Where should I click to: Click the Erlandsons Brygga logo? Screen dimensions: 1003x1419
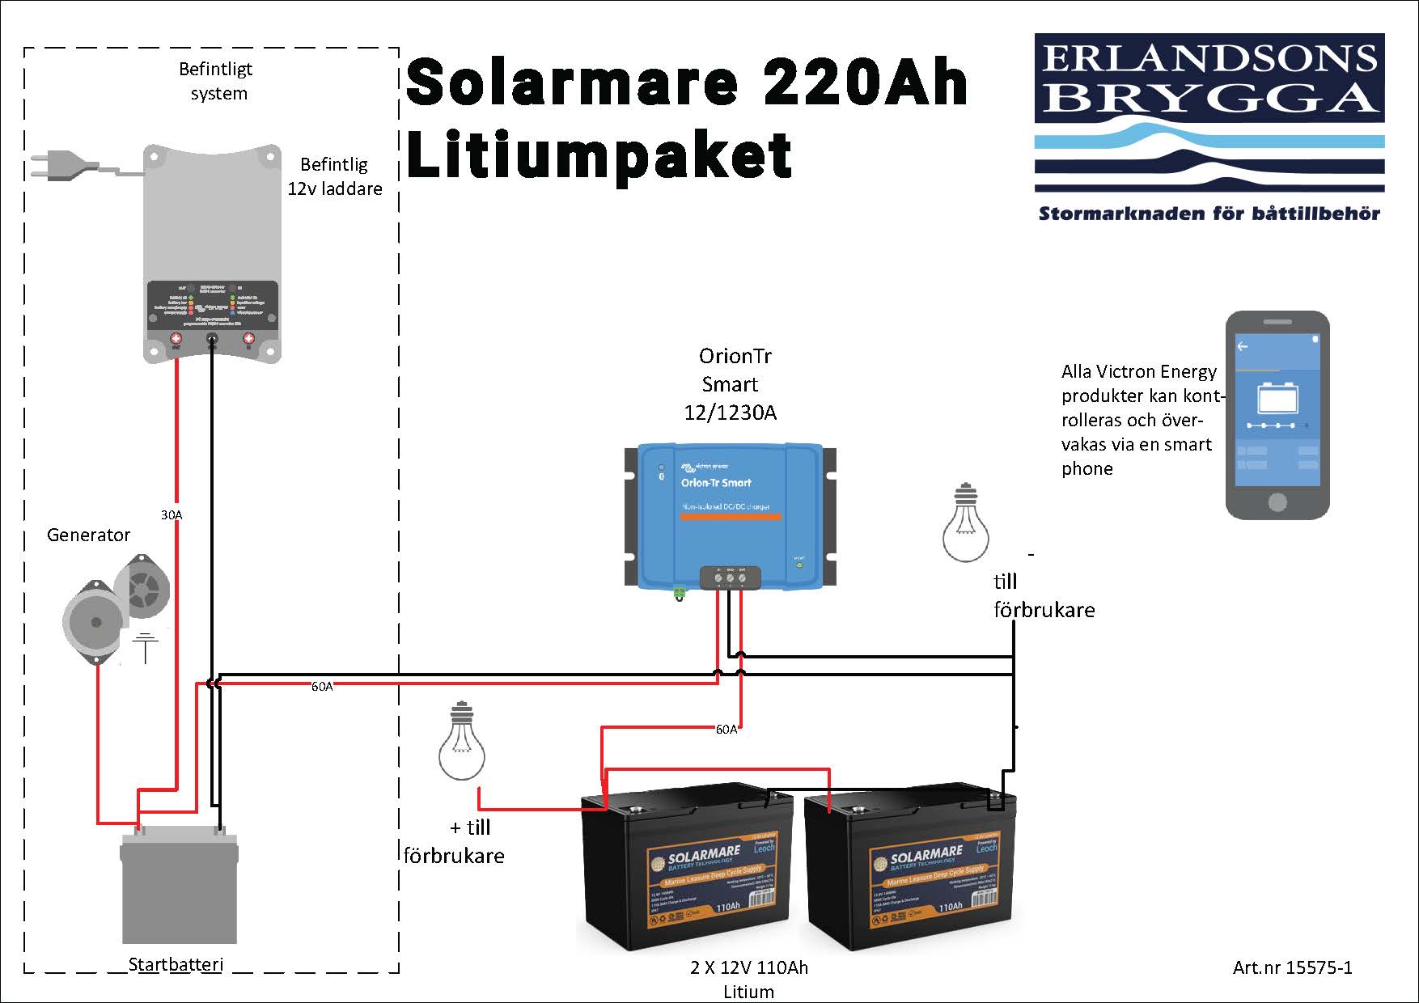click(x=1209, y=113)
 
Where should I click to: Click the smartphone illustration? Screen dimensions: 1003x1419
click(x=1277, y=414)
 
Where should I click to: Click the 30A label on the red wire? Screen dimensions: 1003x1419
click(x=172, y=514)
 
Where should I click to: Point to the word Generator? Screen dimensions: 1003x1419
click(x=88, y=535)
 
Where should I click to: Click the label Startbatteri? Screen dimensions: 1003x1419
click(x=176, y=964)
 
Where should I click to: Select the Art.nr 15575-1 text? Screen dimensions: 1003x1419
click(x=1292, y=967)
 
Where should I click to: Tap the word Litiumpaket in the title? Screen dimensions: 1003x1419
click(x=599, y=155)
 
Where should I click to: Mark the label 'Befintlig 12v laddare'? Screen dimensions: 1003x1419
click(x=334, y=176)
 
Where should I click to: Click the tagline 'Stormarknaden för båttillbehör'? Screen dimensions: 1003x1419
click(x=1209, y=214)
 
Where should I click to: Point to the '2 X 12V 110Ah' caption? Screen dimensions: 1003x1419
click(x=748, y=967)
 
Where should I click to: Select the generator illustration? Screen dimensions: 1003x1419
click(x=117, y=607)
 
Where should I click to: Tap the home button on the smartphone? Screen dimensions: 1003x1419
click(x=1277, y=502)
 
